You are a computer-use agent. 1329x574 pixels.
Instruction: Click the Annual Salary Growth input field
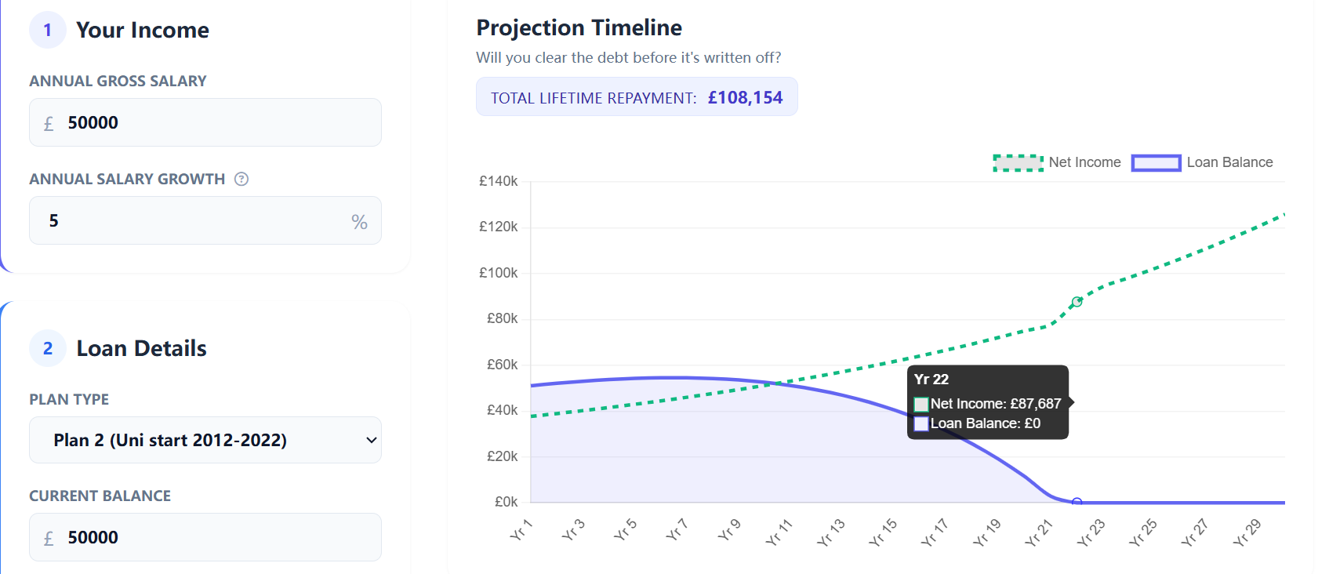pyautogui.click(x=196, y=220)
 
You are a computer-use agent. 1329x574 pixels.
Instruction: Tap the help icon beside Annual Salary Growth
pyautogui.click(x=241, y=179)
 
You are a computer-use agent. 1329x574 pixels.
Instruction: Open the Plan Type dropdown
pyautogui.click(x=205, y=440)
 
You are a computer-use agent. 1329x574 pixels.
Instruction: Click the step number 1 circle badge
pyautogui.click(x=48, y=30)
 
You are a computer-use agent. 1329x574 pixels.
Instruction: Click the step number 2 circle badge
pyautogui.click(x=48, y=348)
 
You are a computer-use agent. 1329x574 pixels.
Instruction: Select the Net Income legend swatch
pyautogui.click(x=1018, y=162)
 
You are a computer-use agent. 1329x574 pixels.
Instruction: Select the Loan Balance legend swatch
pyautogui.click(x=1156, y=162)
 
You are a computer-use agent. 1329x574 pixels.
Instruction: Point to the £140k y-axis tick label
pyautogui.click(x=499, y=181)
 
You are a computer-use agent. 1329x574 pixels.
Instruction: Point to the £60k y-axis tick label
pyautogui.click(x=502, y=365)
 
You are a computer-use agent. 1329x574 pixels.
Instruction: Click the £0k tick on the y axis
pyautogui.click(x=506, y=502)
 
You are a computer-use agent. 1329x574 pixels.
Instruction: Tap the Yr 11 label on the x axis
pyautogui.click(x=779, y=532)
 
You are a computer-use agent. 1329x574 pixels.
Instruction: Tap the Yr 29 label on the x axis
pyautogui.click(x=1247, y=532)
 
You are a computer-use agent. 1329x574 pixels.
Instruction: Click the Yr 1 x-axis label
pyautogui.click(x=521, y=530)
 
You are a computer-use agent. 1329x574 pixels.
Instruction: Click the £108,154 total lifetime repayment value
pyautogui.click(x=745, y=97)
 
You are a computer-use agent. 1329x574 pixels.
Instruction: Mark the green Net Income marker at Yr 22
pyautogui.click(x=1077, y=302)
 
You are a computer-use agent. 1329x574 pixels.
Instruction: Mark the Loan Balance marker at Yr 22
pyautogui.click(x=1077, y=502)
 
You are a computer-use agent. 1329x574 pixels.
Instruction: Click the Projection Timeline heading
pyautogui.click(x=579, y=27)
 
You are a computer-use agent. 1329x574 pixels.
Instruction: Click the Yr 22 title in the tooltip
pyautogui.click(x=931, y=380)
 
